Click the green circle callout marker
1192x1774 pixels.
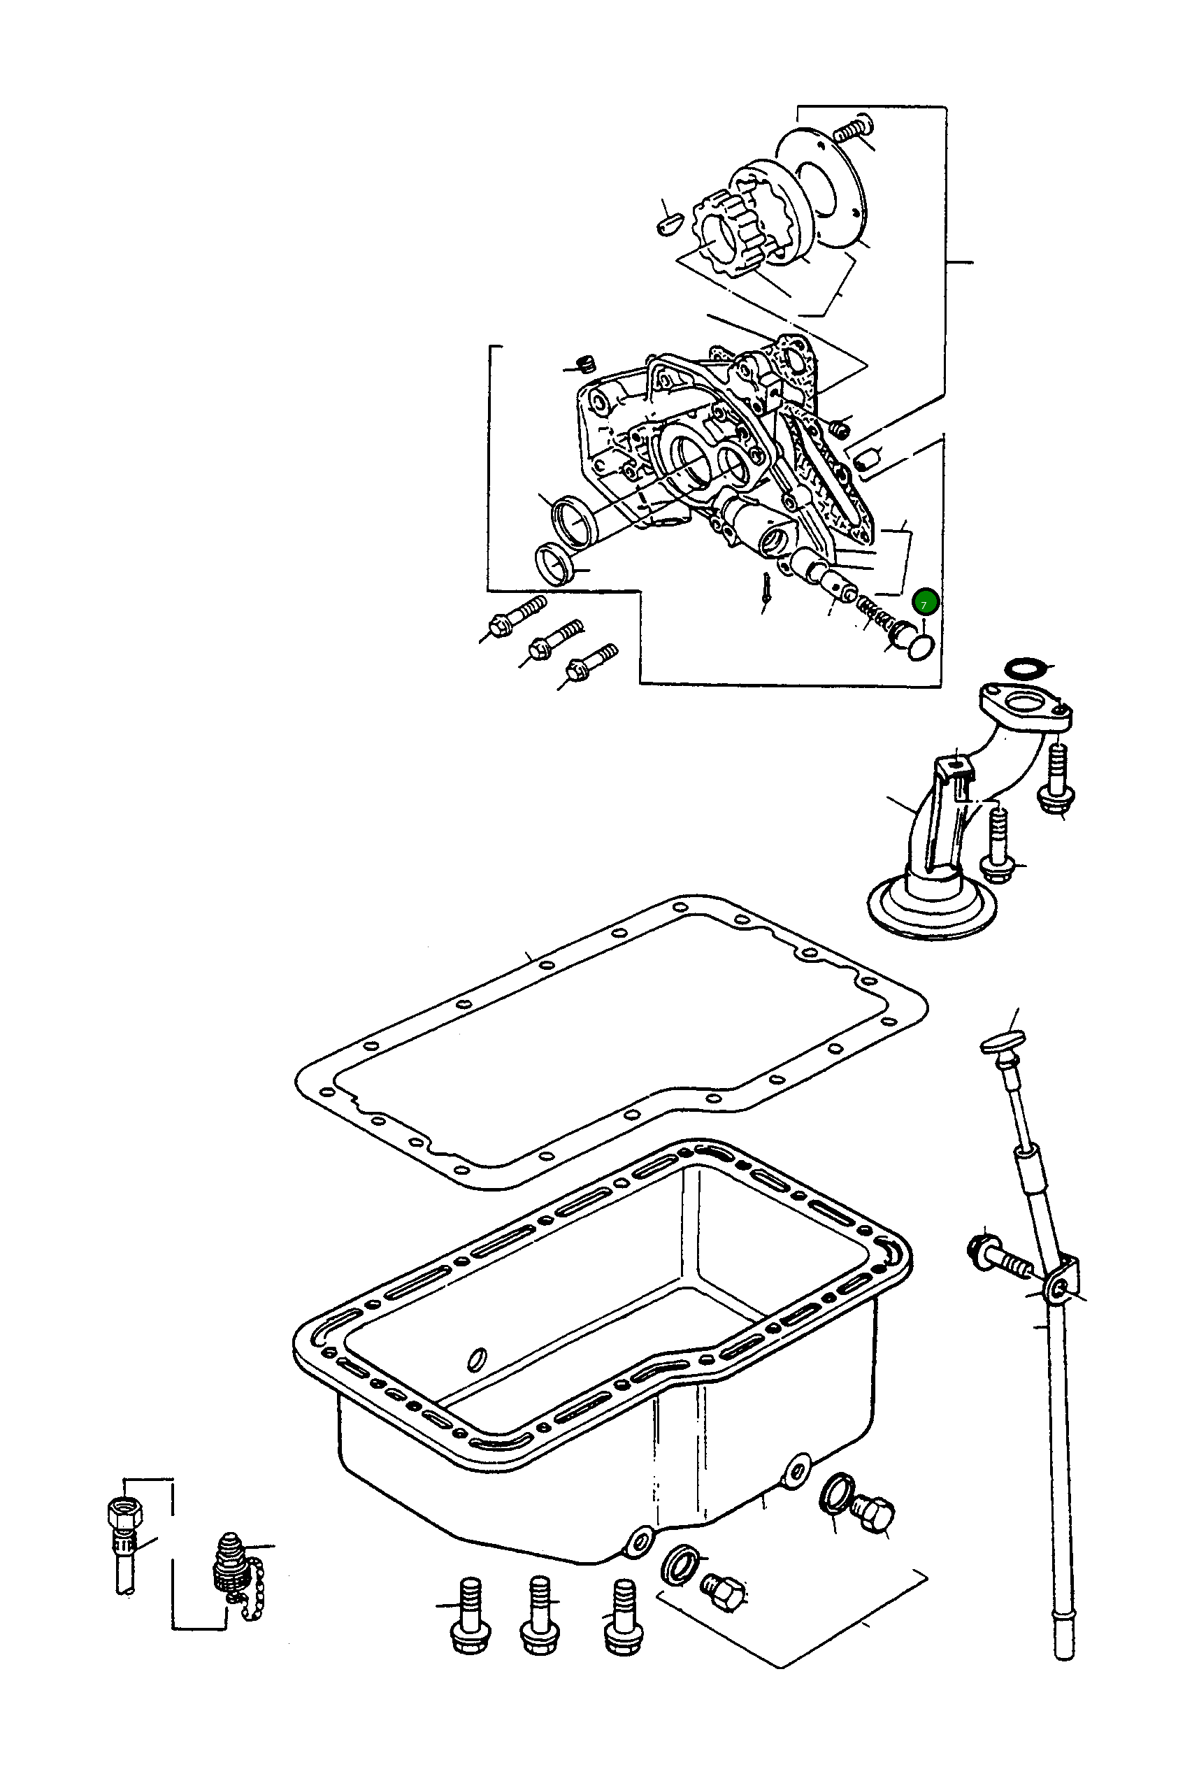pos(925,602)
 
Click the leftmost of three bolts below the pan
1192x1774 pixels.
pos(471,1612)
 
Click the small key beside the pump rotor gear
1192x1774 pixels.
pos(668,225)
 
